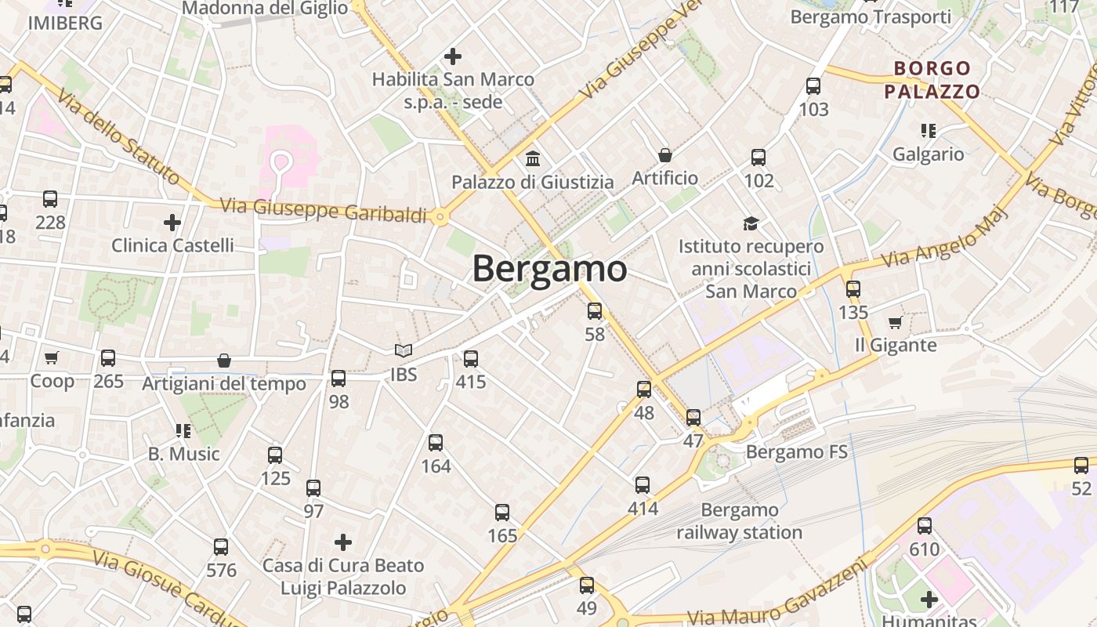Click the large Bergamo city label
tap(549, 269)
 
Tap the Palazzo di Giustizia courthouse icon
tap(534, 159)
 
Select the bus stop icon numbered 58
tap(595, 311)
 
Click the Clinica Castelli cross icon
tap(172, 223)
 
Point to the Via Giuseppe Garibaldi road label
tap(323, 210)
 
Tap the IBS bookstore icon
tap(403, 351)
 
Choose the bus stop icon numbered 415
tap(471, 359)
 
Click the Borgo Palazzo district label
tap(932, 80)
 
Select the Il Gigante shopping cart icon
tap(895, 322)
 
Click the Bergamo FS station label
tap(797, 451)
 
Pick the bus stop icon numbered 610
tap(925, 526)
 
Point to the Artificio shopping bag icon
tap(665, 155)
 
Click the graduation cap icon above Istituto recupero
tap(751, 223)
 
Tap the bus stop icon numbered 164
tap(436, 443)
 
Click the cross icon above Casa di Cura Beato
tap(342, 542)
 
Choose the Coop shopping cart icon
tap(52, 358)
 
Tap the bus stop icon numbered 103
tap(813, 85)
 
